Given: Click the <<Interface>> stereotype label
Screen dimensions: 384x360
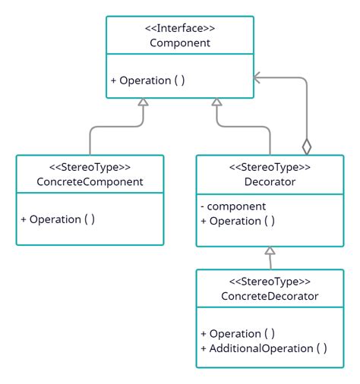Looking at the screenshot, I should pos(179,28).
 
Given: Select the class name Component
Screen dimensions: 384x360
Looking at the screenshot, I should pos(179,42).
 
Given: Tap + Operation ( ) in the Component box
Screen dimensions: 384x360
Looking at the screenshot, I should pos(148,80).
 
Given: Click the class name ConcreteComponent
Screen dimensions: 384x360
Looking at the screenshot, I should pos(90,182).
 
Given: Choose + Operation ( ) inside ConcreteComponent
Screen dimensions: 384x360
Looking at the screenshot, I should pos(58,219).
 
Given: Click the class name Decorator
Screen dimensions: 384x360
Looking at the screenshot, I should pos(270,182).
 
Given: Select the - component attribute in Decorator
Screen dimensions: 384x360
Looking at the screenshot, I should pos(232,206).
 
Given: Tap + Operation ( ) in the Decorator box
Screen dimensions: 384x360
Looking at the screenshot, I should pos(238,221).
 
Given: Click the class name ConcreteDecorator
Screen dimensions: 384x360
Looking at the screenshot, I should pos(270,296).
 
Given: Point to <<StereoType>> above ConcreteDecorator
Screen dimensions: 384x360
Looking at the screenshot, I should pos(270,282).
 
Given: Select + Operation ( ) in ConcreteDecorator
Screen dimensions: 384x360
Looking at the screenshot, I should pos(238,334).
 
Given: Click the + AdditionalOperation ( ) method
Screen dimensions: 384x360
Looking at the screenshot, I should pos(264,348).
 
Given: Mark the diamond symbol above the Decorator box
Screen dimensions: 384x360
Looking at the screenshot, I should pos(307,145).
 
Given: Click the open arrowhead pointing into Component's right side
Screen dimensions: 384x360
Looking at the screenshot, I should pos(258,77).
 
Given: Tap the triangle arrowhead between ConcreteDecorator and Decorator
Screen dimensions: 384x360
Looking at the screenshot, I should pos(270,251).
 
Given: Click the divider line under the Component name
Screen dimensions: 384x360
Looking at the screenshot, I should pos(179,54).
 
